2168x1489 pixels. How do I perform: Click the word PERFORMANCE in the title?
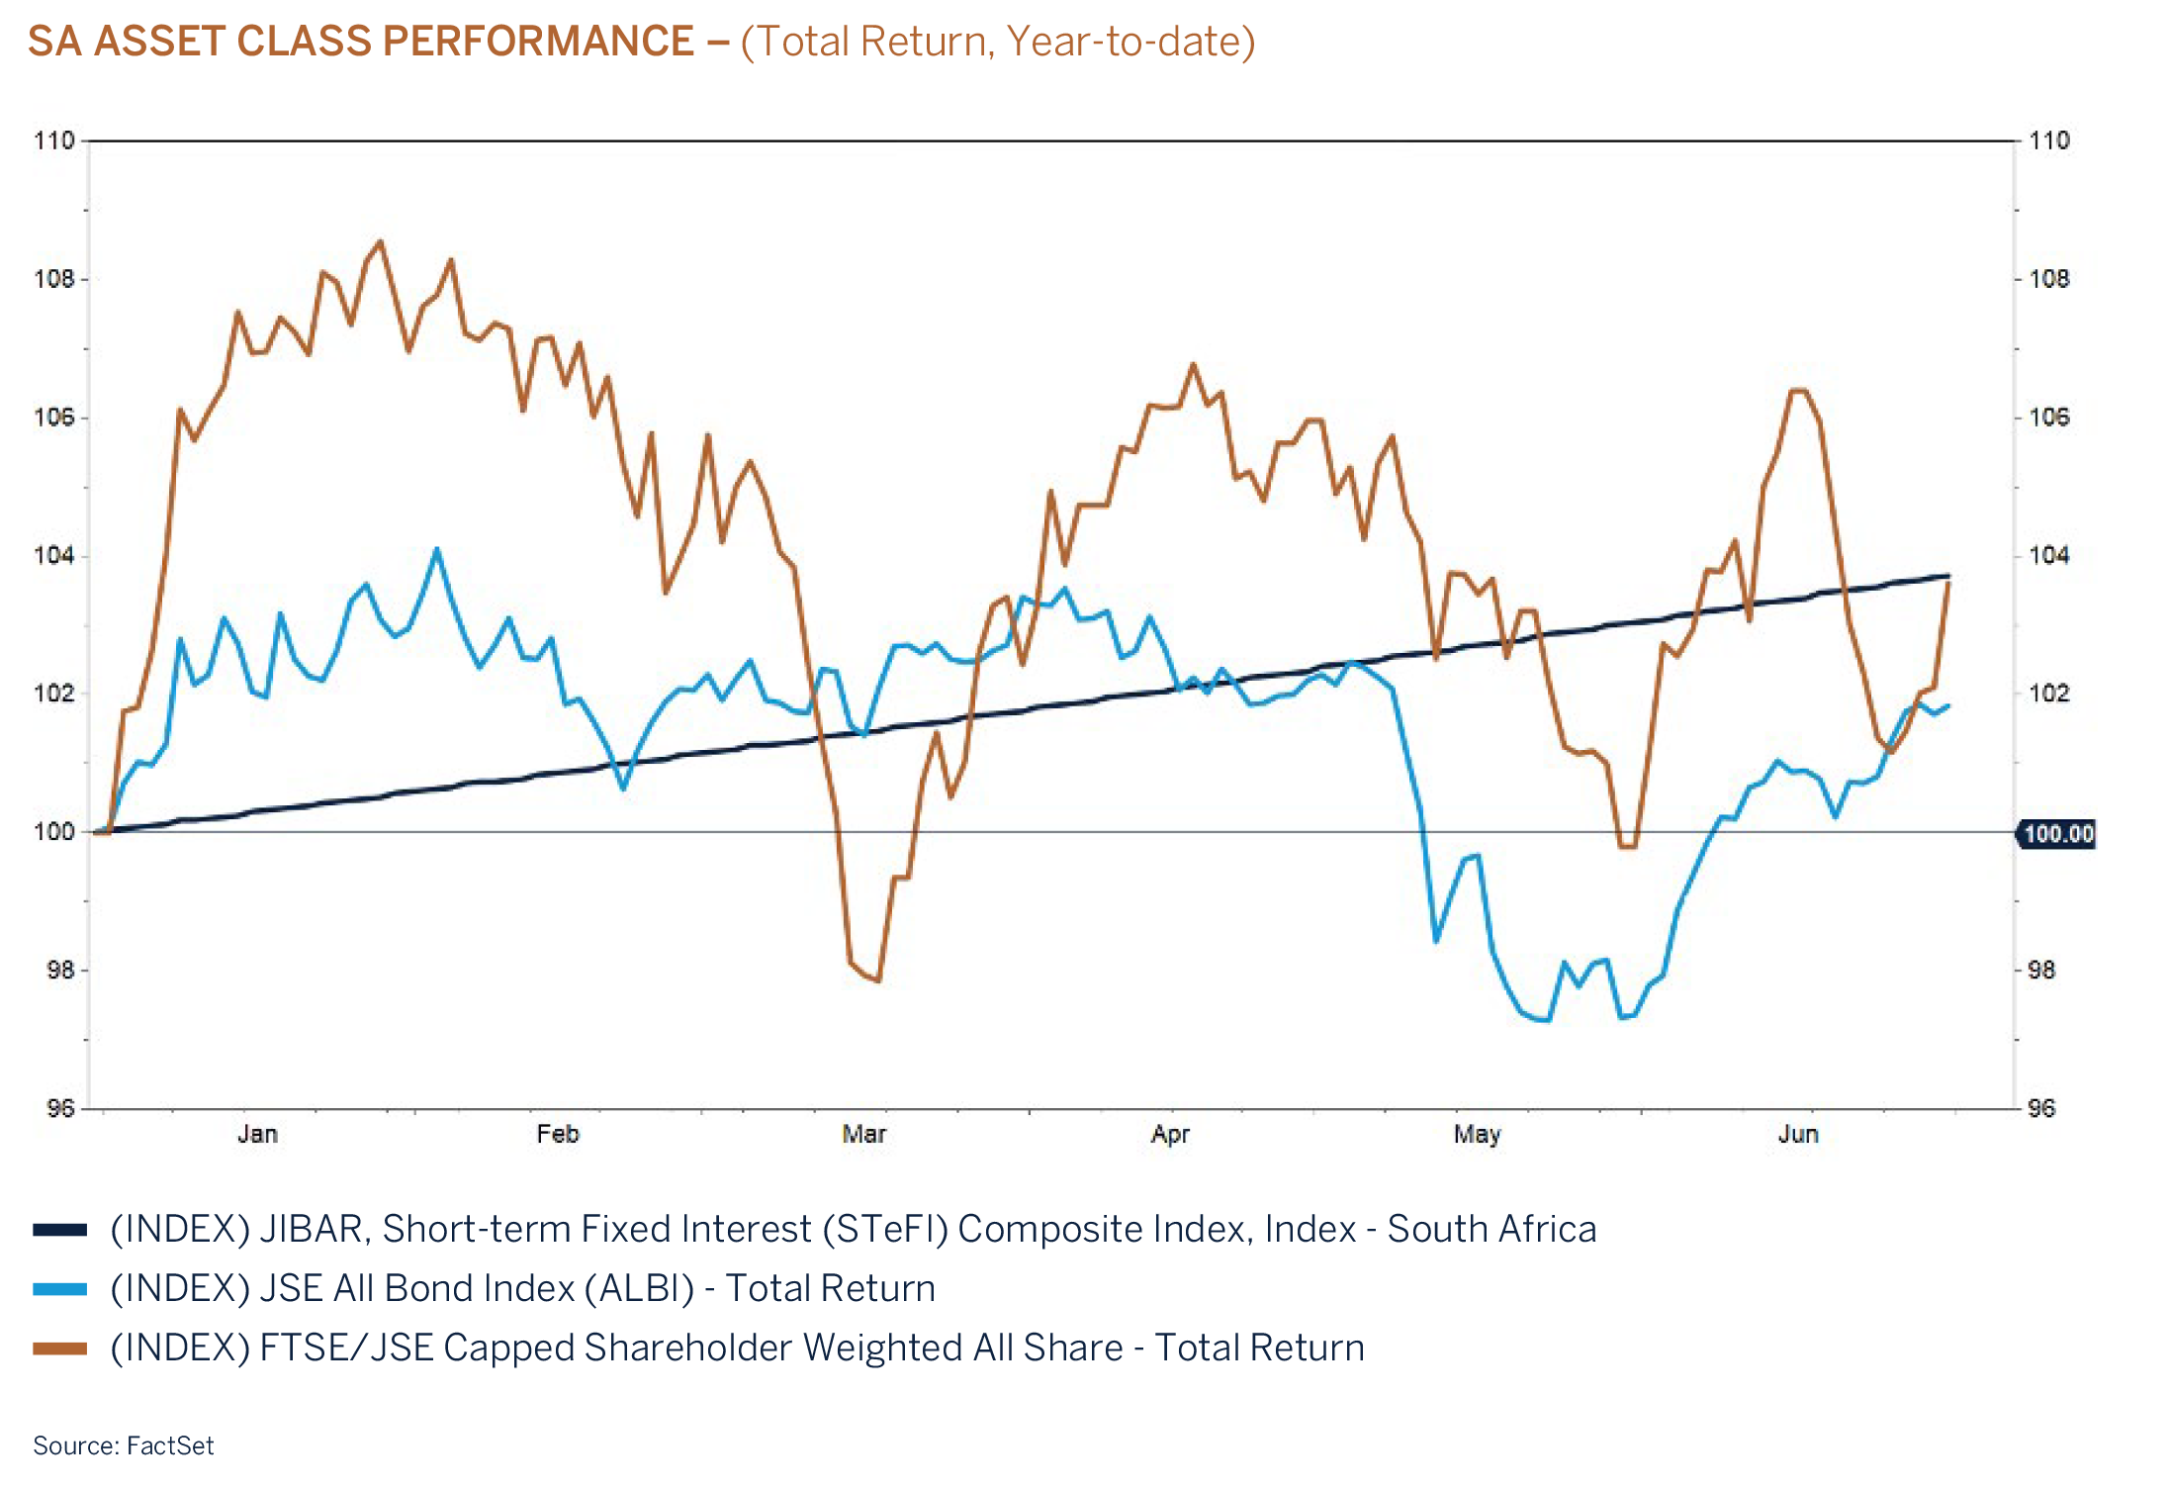pyautogui.click(x=537, y=43)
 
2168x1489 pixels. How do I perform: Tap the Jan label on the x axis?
pyautogui.click(x=257, y=1134)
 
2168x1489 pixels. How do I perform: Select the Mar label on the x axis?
pyautogui.click(x=863, y=1134)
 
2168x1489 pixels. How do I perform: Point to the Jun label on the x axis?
pyautogui.click(x=1797, y=1134)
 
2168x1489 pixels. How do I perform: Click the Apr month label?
pyautogui.click(x=1170, y=1134)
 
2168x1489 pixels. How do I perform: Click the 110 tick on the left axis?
pyautogui.click(x=54, y=140)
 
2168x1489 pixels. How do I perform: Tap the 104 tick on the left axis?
pyautogui.click(x=54, y=555)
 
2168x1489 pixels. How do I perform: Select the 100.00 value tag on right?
pyautogui.click(x=2058, y=834)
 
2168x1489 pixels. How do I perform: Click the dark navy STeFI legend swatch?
pyautogui.click(x=59, y=1230)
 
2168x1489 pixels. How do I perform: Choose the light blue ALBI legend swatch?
pyautogui.click(x=59, y=1289)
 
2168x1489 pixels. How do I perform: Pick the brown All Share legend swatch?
pyautogui.click(x=59, y=1349)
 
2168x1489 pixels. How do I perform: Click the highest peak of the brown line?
pyautogui.click(x=380, y=241)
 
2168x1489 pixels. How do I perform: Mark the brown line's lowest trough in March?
pyautogui.click(x=877, y=980)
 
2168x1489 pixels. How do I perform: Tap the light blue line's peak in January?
pyautogui.click(x=436, y=549)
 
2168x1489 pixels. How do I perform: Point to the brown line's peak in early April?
pyautogui.click(x=1193, y=365)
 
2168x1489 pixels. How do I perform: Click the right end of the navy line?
pyautogui.click(x=1947, y=576)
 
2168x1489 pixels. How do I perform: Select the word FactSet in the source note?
pyautogui.click(x=170, y=1444)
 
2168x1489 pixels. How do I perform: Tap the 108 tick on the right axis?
pyautogui.click(x=2048, y=279)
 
